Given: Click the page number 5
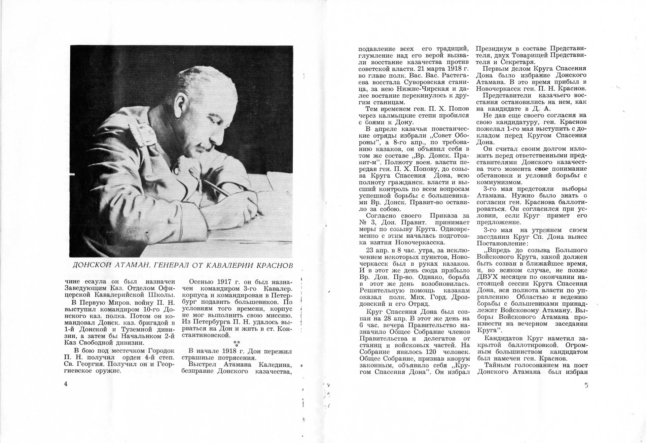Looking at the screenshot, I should point(586,386).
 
